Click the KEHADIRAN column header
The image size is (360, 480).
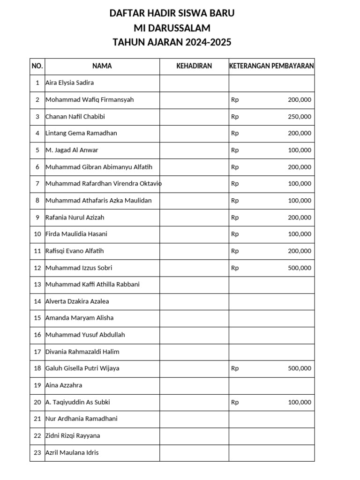194,66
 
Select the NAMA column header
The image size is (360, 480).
102,66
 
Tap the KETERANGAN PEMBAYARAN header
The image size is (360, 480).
271,66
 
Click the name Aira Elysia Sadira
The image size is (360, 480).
69,83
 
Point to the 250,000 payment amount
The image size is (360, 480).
299,117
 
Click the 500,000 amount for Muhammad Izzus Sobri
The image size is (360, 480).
299,268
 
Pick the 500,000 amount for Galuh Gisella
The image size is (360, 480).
299,368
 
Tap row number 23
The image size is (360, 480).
37,453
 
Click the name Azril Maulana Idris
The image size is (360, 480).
72,453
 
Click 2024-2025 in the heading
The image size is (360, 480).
208,43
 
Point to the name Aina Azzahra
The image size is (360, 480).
64,385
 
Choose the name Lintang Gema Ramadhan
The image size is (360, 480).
81,133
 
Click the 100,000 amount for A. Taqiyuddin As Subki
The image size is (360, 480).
299,402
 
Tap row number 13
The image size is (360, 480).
37,285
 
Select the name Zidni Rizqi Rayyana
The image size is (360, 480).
72,436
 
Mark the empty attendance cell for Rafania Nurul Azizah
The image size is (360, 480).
194,217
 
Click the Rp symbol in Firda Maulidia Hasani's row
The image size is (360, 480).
235,234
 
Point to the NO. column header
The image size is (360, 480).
37,66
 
